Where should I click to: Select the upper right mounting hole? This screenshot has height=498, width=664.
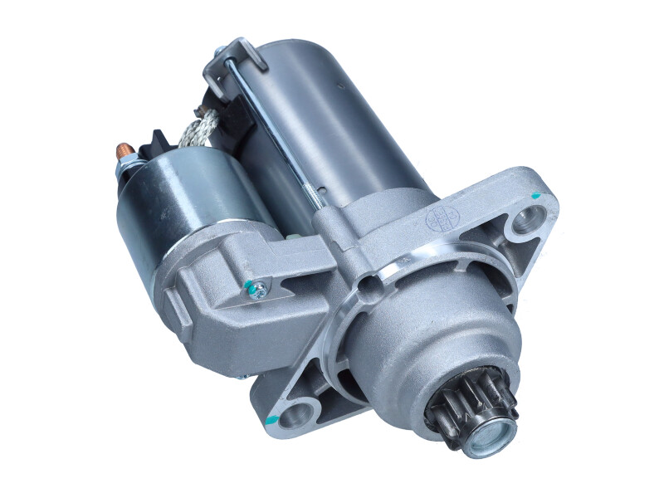[525, 221]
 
